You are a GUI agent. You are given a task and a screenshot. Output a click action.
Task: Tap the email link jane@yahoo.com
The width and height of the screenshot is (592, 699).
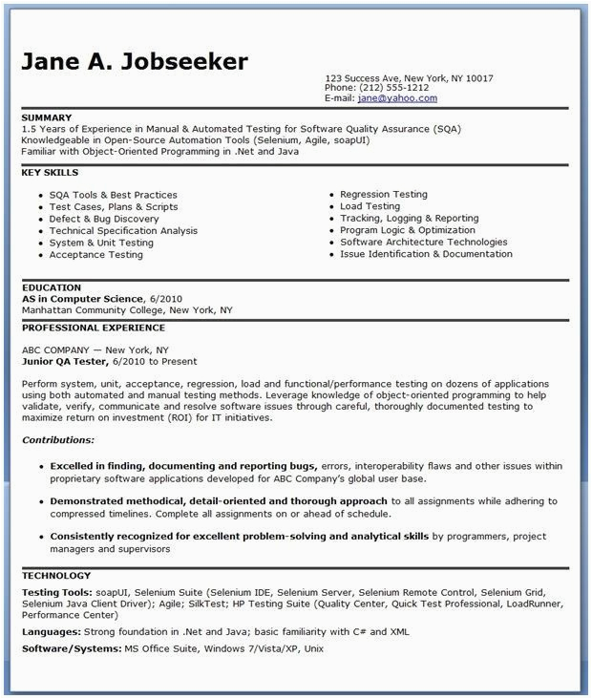(396, 97)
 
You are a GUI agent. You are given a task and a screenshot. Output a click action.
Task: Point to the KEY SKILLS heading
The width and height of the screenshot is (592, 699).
(51, 173)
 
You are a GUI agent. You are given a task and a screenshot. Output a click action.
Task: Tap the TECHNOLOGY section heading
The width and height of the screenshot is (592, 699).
(56, 576)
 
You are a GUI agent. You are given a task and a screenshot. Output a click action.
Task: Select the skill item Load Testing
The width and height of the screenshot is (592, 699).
(370, 206)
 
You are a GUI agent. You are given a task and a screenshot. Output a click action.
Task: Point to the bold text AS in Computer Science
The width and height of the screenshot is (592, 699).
(82, 298)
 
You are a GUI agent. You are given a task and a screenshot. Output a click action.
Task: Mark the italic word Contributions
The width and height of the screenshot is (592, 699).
(58, 440)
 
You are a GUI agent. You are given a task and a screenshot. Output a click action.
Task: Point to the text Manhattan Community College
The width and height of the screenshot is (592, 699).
(93, 310)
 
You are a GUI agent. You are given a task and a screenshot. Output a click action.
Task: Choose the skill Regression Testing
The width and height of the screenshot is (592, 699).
(383, 194)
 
